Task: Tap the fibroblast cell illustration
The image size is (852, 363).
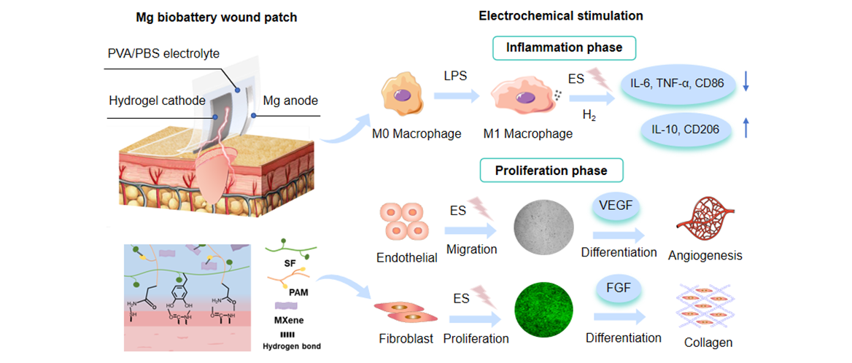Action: click(403, 311)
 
